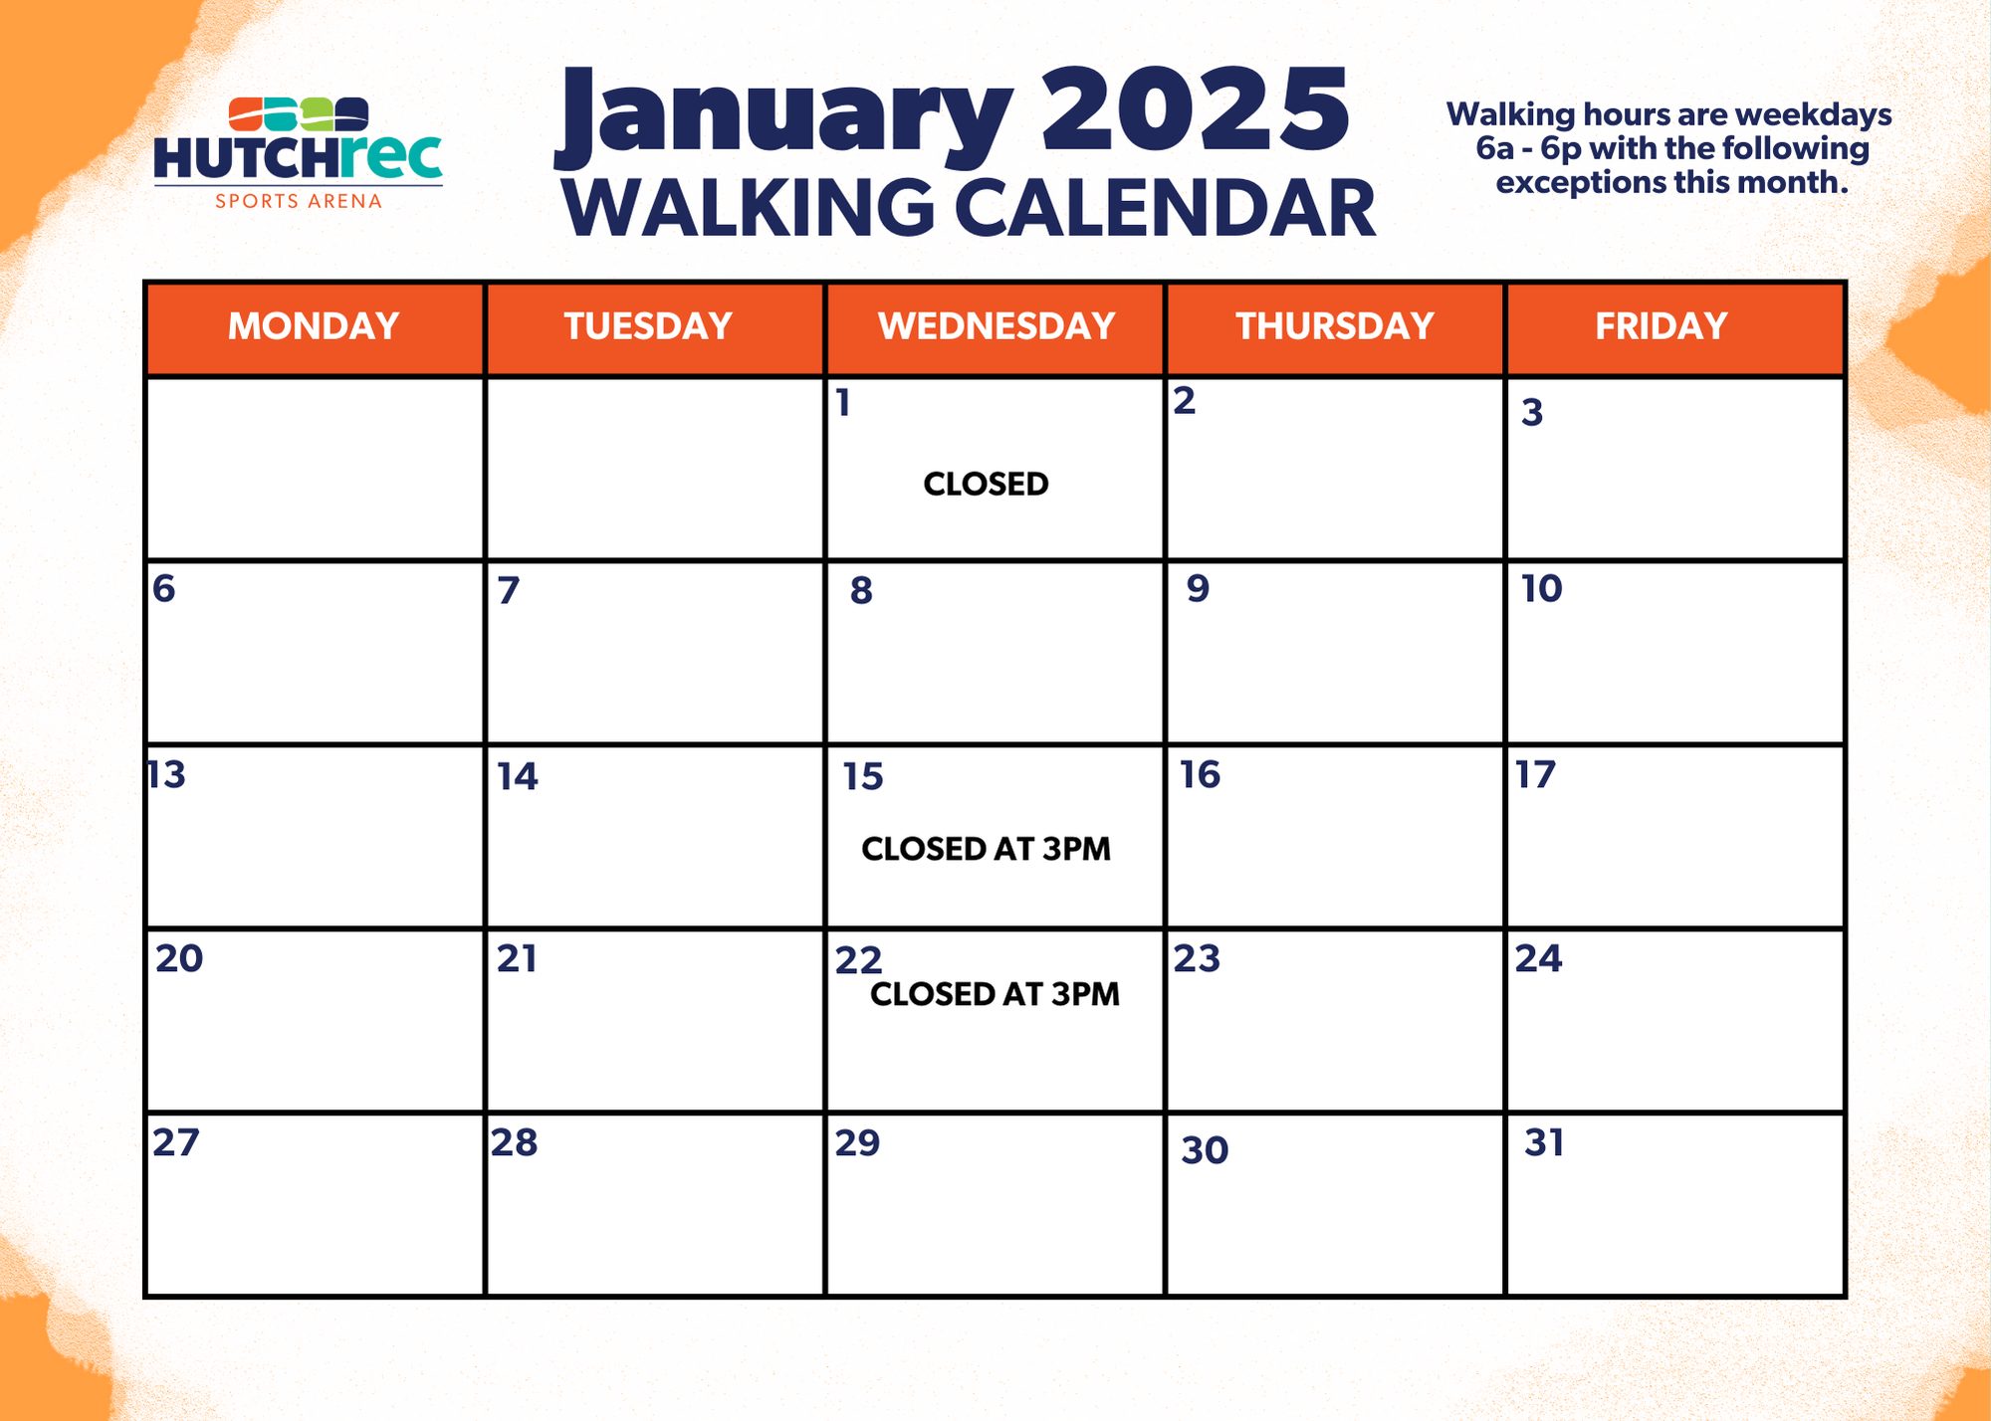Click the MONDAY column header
pos(314,326)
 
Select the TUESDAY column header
pos(648,326)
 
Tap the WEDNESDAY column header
pos(996,326)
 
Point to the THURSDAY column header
pos(1335,326)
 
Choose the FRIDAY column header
pos(1661,326)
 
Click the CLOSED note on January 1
pos(986,484)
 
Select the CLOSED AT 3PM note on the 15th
pos(986,849)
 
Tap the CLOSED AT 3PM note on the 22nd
pos(995,994)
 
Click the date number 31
pos(1544,1142)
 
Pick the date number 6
pos(164,588)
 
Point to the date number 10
pos(1542,588)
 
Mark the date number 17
pos(1535,774)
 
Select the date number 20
pos(179,958)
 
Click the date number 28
pos(515,1142)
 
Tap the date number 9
pos(1198,588)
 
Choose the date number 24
pos(1539,958)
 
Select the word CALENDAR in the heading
pos(1166,209)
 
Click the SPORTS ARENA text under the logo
pos(299,201)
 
